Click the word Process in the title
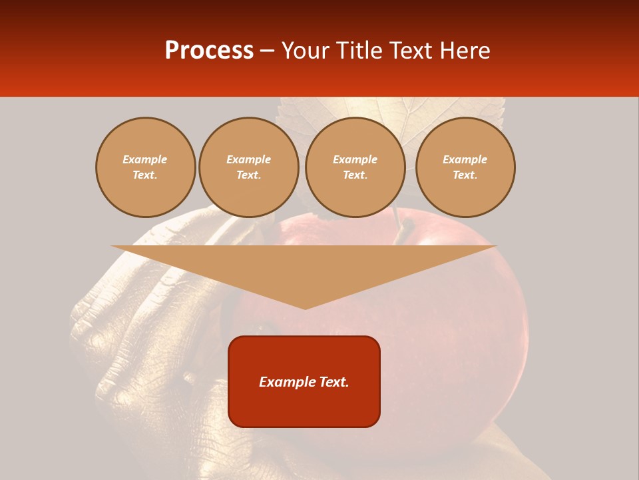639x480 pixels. pyautogui.click(x=209, y=51)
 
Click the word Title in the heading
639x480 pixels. pyautogui.click(x=357, y=51)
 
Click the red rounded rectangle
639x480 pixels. pyautogui.click(x=304, y=407)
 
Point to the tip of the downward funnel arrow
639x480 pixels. pyautogui.click(x=305, y=308)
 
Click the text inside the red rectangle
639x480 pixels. pyautogui.click(x=304, y=382)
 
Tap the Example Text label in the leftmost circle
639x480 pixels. pyautogui.click(x=145, y=167)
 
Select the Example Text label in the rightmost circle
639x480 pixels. pyautogui.click(x=465, y=167)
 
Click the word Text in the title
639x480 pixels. pyautogui.click(x=409, y=51)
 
